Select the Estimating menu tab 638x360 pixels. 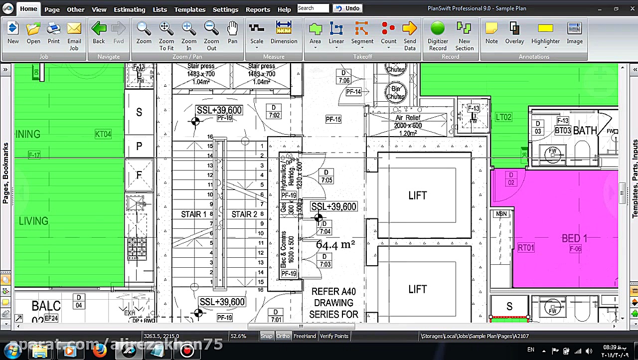coord(129,9)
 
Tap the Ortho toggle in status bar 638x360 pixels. coord(283,336)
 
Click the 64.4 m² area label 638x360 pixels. coord(335,245)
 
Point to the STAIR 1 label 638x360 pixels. coord(193,214)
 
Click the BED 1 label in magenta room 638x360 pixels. coord(574,238)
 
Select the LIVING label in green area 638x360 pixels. coord(33,221)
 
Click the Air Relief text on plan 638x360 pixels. coord(408,118)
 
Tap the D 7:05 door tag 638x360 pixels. coord(326,177)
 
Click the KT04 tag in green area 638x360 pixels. coord(103,134)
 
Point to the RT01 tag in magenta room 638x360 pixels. coord(526,248)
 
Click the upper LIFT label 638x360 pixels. coord(417,195)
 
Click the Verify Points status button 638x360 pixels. coord(334,336)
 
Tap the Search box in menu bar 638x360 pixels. coord(313,8)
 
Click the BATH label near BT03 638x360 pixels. coord(585,131)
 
